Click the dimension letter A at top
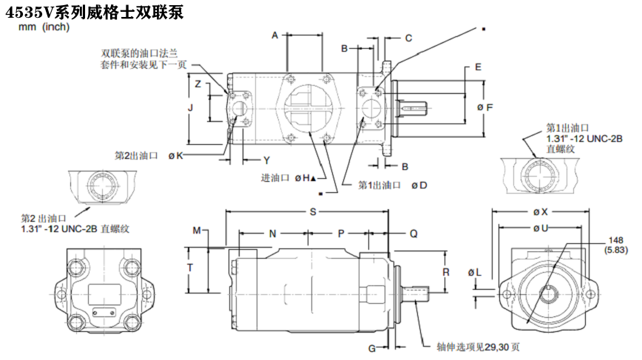(x=274, y=35)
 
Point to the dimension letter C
(x=408, y=38)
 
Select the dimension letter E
(x=478, y=67)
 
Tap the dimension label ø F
(x=484, y=108)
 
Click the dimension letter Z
(x=197, y=84)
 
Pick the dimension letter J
(x=190, y=108)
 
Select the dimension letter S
(x=313, y=212)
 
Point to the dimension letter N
(x=272, y=234)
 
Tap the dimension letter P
(x=341, y=234)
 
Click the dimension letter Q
(x=413, y=234)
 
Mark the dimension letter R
(x=446, y=271)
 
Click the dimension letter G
(x=372, y=347)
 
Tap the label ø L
(x=474, y=274)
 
